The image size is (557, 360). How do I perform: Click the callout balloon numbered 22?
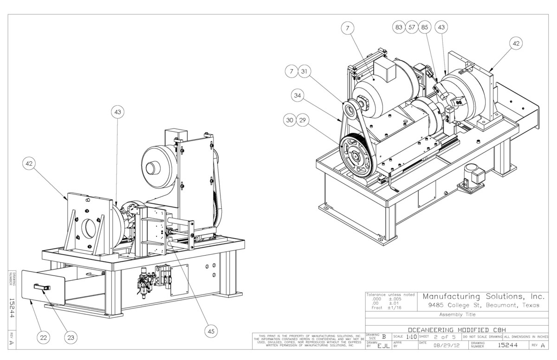coord(44,338)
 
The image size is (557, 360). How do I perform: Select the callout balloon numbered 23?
coord(71,338)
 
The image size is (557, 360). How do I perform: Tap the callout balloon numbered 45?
coord(211,331)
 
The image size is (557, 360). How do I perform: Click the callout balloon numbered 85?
coord(424,27)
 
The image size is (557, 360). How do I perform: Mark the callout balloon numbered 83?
coord(398,27)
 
